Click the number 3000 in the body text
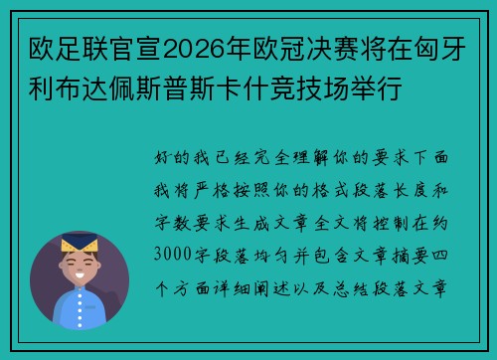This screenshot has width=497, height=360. [174, 254]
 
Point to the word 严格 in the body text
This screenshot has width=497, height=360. [235, 191]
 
